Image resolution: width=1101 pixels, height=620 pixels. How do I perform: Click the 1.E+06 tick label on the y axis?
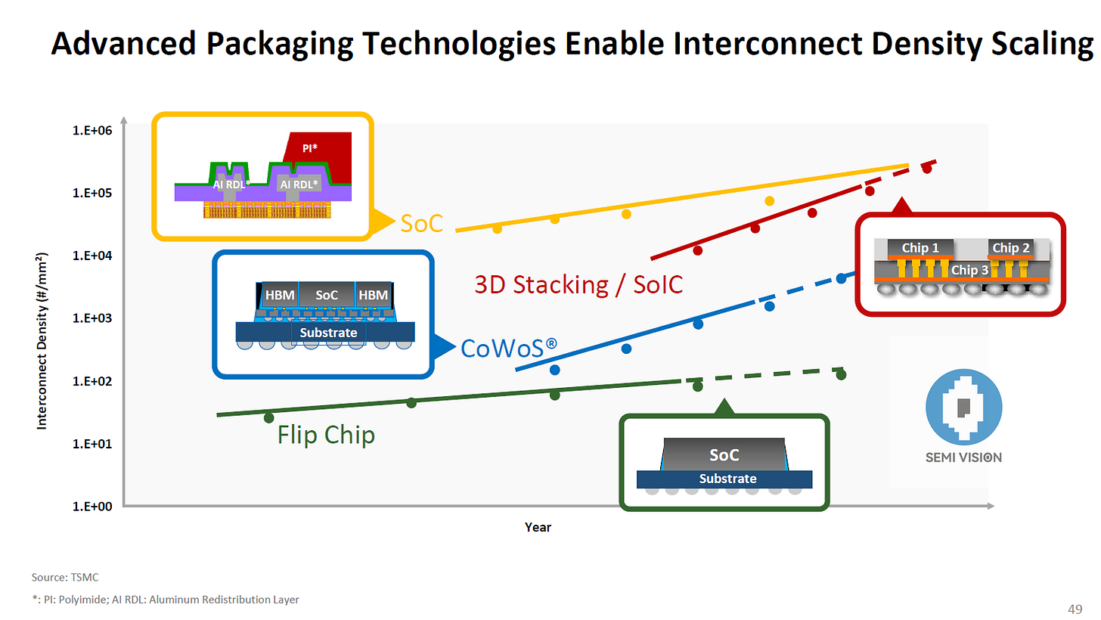click(x=92, y=130)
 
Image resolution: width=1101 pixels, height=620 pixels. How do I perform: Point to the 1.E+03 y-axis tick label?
click(x=92, y=318)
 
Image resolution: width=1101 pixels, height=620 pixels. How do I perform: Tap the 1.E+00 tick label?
click(x=92, y=507)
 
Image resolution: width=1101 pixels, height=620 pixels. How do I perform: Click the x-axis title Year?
click(x=538, y=527)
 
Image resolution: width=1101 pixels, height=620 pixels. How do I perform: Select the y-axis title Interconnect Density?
click(x=42, y=341)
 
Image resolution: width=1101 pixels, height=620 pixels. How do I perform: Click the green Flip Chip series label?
click(x=326, y=435)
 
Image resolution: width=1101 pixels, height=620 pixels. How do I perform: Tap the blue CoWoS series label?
click(x=509, y=349)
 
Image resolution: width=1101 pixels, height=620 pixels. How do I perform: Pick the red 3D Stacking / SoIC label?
click(x=578, y=284)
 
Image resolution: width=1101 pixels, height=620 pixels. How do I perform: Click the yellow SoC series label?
click(x=422, y=224)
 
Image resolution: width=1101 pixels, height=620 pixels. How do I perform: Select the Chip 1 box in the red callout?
click(x=920, y=247)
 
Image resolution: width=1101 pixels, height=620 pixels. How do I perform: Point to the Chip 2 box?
click(x=1010, y=247)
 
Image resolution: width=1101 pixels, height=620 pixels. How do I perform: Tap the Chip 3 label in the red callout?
click(x=969, y=270)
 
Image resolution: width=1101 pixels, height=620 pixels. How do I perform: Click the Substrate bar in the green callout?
click(x=724, y=479)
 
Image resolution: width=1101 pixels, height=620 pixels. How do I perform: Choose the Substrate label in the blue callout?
click(x=328, y=333)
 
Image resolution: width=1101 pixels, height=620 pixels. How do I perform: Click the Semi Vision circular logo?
click(x=963, y=407)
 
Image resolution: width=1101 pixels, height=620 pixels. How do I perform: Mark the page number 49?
click(x=1075, y=609)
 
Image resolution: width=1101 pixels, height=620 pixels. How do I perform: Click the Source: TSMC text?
click(x=65, y=577)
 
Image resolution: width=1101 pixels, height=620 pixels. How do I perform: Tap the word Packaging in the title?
click(x=279, y=44)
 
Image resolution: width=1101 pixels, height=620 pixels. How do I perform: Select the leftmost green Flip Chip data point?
click(x=269, y=418)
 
